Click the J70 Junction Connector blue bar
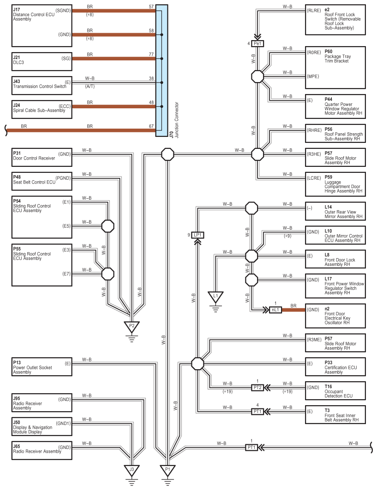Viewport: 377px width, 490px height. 162,71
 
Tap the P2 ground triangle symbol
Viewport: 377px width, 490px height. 132,327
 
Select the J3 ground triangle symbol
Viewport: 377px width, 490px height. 132,471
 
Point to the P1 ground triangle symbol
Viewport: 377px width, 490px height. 168,471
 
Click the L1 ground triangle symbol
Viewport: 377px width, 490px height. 215,297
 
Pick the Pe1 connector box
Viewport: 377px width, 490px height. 257,43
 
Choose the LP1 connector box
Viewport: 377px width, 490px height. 197,235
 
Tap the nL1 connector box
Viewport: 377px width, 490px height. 275,310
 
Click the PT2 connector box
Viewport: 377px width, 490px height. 257,388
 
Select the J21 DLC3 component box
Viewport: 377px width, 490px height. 42,61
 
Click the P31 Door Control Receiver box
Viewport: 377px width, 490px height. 42,157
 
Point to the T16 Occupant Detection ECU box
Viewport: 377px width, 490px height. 335,390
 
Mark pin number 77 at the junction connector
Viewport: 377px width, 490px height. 151,54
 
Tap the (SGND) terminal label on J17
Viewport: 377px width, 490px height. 63,11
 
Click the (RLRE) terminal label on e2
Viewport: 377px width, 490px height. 314,11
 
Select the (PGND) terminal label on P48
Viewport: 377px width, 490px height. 63,178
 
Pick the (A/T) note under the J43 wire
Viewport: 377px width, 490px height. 90,86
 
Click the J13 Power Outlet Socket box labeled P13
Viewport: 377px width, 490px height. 42,367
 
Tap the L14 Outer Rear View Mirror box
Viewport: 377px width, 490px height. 335,211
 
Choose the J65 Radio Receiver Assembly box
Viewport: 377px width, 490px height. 42,451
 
